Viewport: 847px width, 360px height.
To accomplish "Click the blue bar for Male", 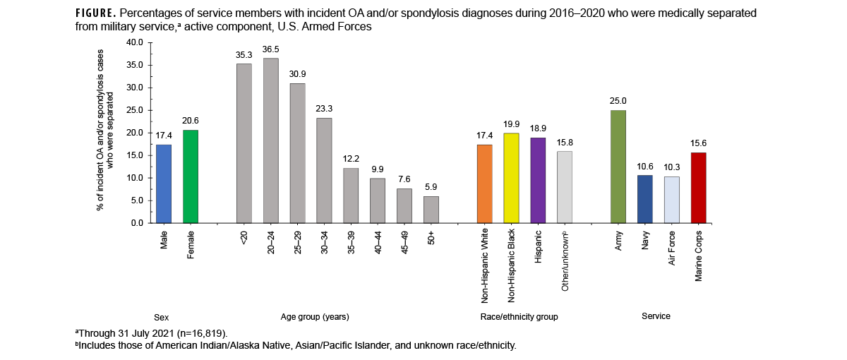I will (x=164, y=184).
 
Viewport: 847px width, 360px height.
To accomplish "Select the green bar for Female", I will (x=191, y=176).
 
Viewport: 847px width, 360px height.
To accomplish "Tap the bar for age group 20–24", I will (x=270, y=140).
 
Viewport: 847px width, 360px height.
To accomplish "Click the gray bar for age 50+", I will (x=431, y=210).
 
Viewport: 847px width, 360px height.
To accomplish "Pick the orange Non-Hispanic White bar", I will (x=484, y=184).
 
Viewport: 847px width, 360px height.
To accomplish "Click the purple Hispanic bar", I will (x=538, y=180).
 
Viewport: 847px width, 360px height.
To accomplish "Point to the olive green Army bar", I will (x=618, y=167).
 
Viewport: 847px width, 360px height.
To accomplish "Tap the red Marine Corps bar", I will (x=698, y=188).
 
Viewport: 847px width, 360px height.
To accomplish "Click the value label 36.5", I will (x=270, y=49).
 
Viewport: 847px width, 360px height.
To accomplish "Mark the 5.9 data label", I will (x=431, y=188).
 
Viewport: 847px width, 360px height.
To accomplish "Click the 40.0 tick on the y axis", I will (x=134, y=42).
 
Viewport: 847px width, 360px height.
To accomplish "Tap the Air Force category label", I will (x=671, y=247).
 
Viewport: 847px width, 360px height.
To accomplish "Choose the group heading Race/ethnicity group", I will (x=519, y=317).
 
